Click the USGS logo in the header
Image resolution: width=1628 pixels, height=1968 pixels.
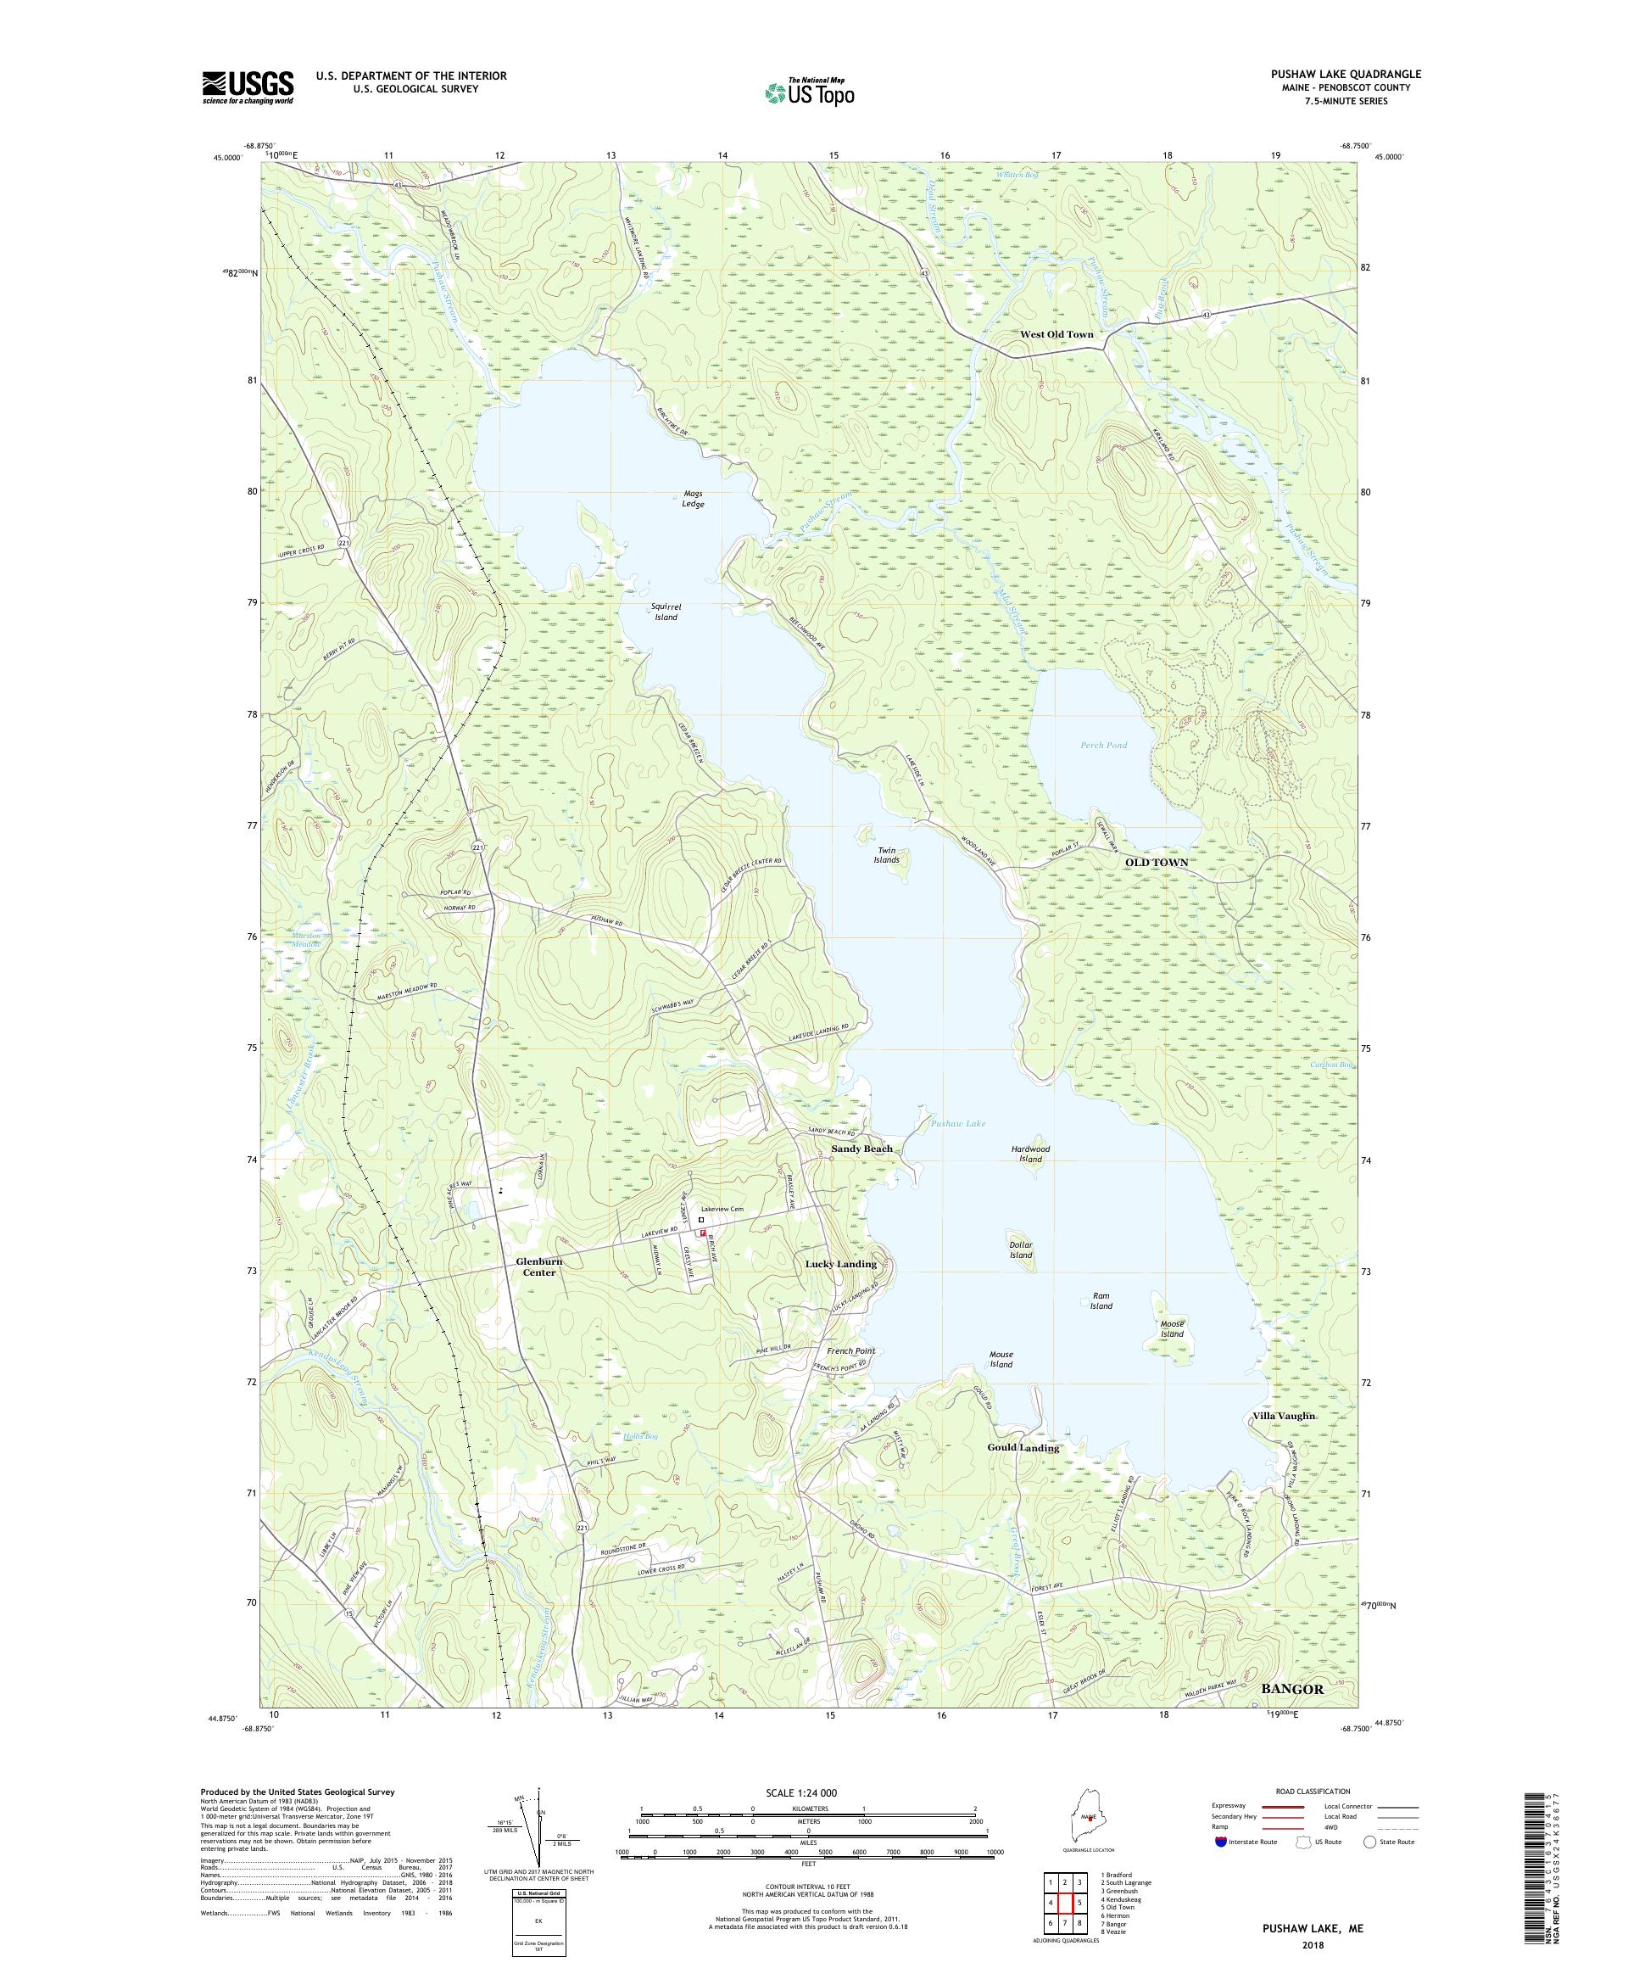(x=248, y=87)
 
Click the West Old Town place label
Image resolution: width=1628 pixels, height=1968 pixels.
(x=1056, y=334)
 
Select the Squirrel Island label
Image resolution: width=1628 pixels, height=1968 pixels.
(x=665, y=612)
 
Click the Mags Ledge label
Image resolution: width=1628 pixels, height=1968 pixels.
(x=692, y=499)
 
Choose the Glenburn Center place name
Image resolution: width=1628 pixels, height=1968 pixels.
(x=538, y=1266)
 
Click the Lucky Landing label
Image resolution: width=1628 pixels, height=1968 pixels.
(x=841, y=1263)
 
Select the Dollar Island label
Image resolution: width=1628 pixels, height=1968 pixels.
(x=1020, y=1250)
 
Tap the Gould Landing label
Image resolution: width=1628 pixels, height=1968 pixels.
(x=1023, y=1447)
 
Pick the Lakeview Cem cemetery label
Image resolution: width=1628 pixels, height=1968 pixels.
(x=722, y=1210)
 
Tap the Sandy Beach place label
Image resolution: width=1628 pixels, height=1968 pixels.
(x=861, y=1148)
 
